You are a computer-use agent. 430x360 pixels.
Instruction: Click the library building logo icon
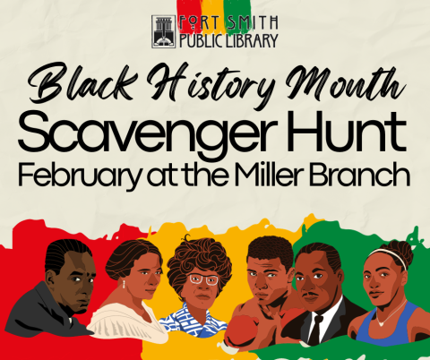point(166,30)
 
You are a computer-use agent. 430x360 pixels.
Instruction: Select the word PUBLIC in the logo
point(202,40)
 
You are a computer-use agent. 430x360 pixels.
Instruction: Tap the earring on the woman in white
point(123,284)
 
